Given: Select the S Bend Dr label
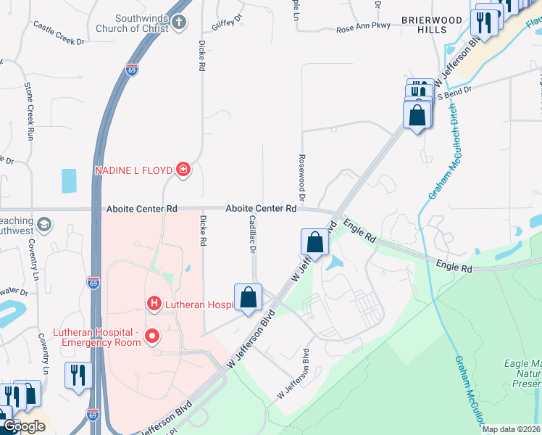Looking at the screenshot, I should (x=454, y=93).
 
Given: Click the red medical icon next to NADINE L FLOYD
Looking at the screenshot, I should (x=184, y=170).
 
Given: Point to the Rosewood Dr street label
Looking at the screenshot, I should (x=302, y=177).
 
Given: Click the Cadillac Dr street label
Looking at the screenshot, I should (x=253, y=233).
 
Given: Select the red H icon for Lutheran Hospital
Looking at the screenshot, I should (x=154, y=303).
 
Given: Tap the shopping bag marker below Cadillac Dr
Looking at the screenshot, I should (x=248, y=297).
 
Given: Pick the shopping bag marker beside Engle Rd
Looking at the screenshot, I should (x=315, y=242).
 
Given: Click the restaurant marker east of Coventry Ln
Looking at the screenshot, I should (x=78, y=376).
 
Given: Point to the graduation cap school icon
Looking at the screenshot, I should (x=45, y=223).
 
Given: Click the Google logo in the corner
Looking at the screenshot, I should (x=23, y=426).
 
